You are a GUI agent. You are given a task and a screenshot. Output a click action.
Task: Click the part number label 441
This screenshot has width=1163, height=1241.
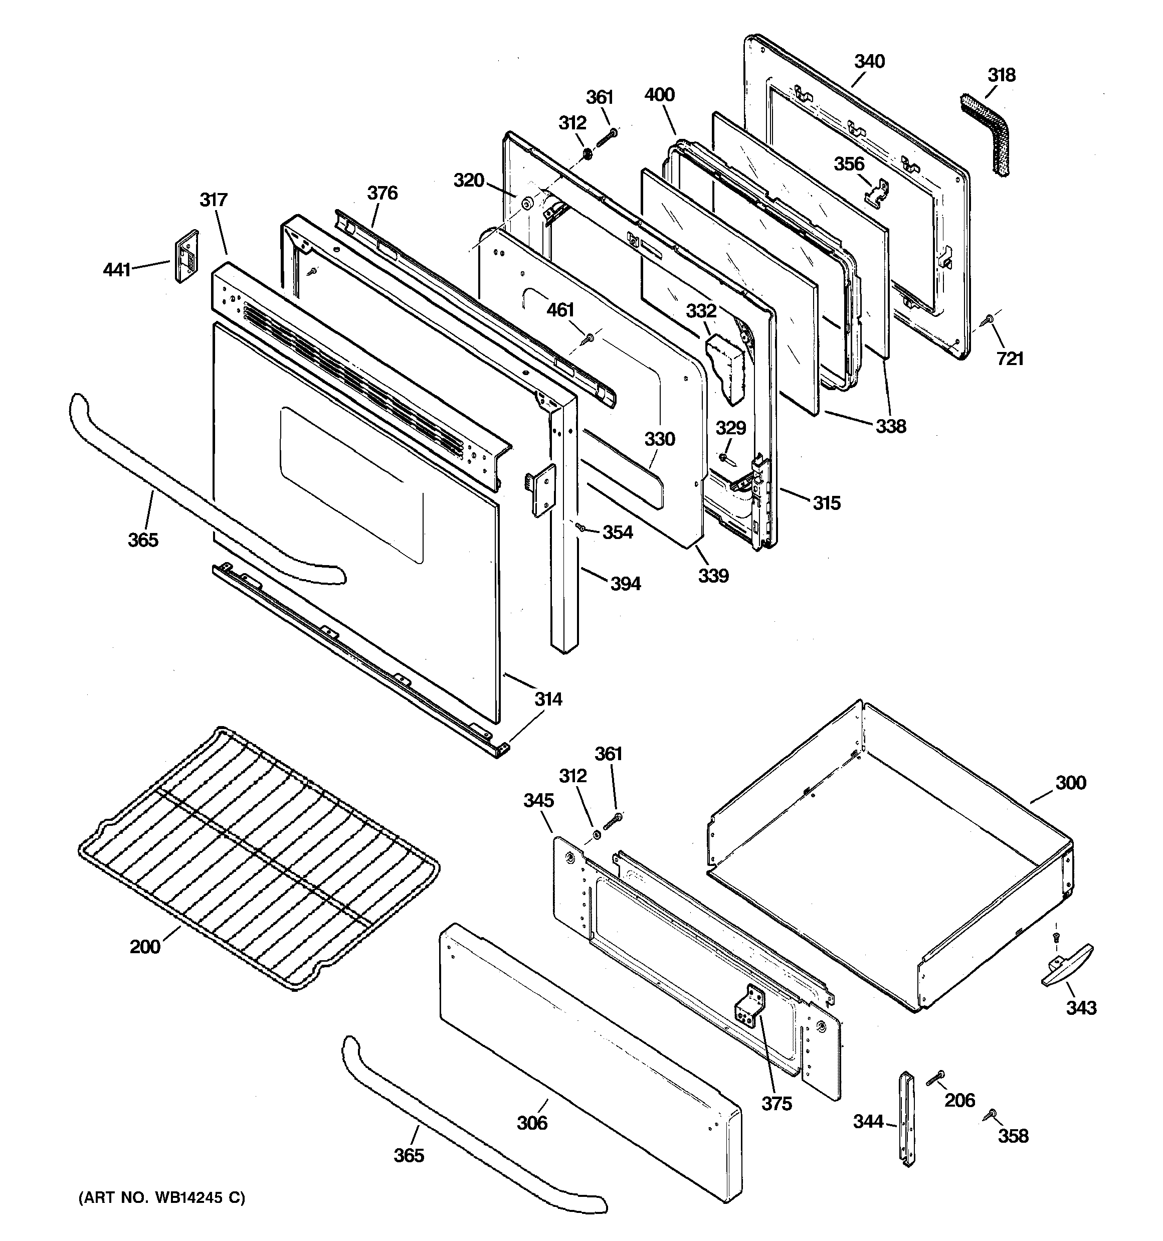(117, 270)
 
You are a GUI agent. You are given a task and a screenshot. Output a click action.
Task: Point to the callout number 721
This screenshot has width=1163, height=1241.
(1010, 359)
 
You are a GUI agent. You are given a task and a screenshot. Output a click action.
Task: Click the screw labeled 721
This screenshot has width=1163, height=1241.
(987, 320)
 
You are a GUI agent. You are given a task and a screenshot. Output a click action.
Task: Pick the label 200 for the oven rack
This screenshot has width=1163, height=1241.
(145, 947)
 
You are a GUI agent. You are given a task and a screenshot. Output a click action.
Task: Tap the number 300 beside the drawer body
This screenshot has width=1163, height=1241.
(1071, 783)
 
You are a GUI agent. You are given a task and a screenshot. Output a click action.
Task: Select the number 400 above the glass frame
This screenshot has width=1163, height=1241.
(659, 95)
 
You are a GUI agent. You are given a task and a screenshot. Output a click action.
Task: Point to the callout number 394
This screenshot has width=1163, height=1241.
(625, 584)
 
